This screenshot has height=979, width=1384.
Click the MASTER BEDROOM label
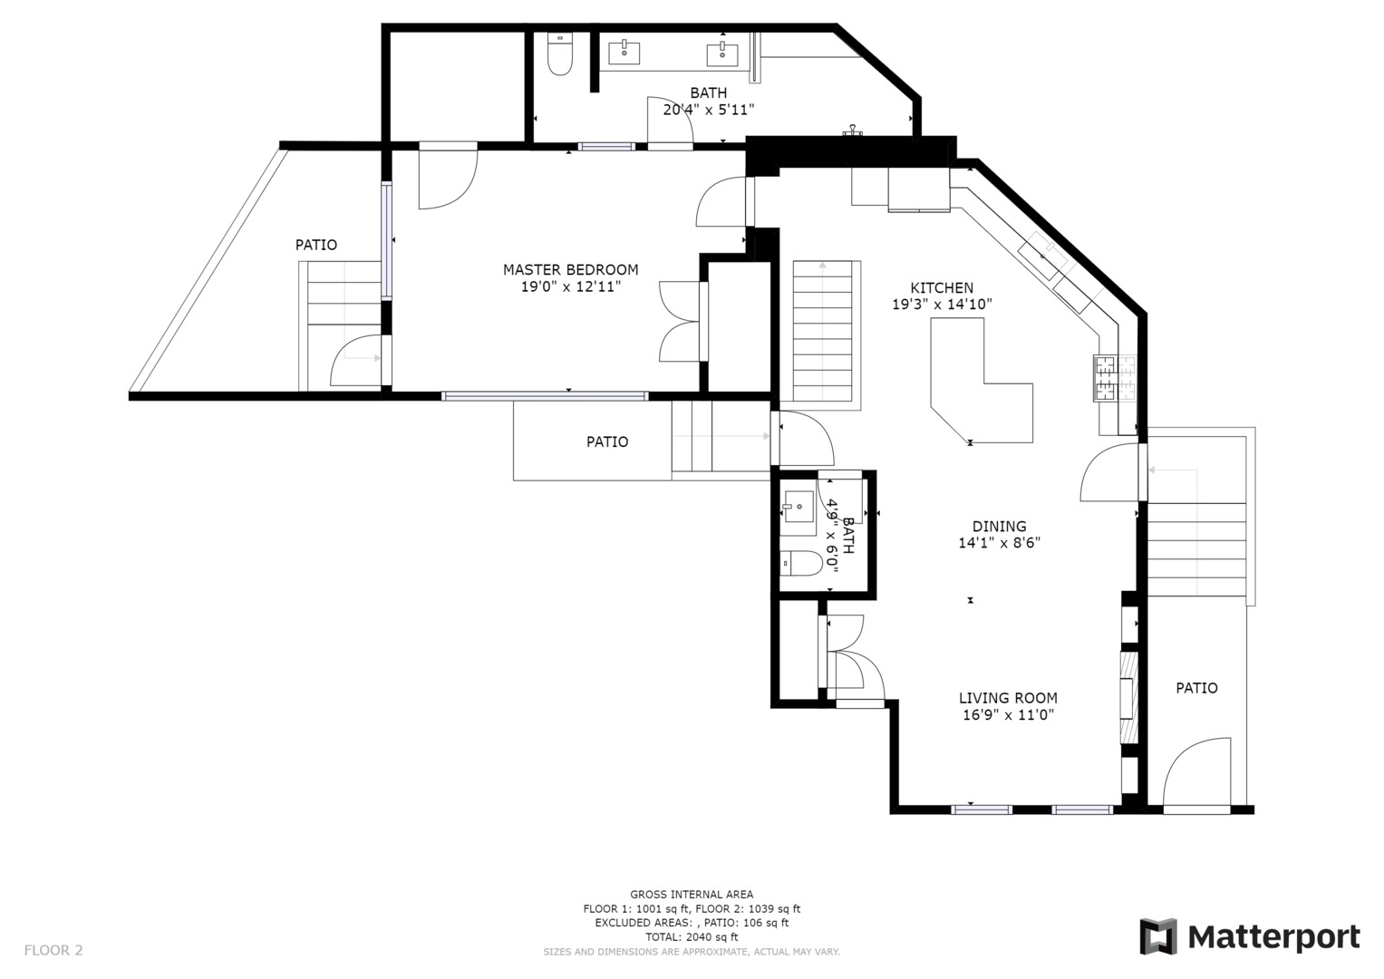pyautogui.click(x=570, y=269)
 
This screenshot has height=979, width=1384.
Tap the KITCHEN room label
pyautogui.click(x=942, y=287)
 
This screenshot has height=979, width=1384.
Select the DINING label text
pyautogui.click(x=999, y=526)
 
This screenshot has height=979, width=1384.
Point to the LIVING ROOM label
pyautogui.click(x=1008, y=698)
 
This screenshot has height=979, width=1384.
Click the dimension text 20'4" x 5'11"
pyautogui.click(x=708, y=110)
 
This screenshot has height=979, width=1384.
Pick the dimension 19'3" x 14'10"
pyautogui.click(x=942, y=304)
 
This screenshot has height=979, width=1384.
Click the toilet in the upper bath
pyautogui.click(x=560, y=53)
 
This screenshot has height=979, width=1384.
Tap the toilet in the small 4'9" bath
pyautogui.click(x=800, y=563)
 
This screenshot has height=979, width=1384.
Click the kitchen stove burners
pyautogui.click(x=1115, y=378)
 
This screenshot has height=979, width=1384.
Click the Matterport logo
pyautogui.click(x=1249, y=936)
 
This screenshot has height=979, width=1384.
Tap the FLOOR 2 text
pyautogui.click(x=53, y=950)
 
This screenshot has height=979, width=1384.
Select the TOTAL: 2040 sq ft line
pyautogui.click(x=692, y=937)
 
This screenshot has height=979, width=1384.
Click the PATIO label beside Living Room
pyautogui.click(x=1196, y=688)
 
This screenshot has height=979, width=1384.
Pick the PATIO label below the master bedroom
pyautogui.click(x=606, y=441)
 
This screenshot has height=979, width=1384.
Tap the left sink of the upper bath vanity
pyautogui.click(x=624, y=53)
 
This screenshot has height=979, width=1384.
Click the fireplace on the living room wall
pyautogui.click(x=1128, y=697)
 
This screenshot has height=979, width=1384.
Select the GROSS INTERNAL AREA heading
pyautogui.click(x=692, y=894)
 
